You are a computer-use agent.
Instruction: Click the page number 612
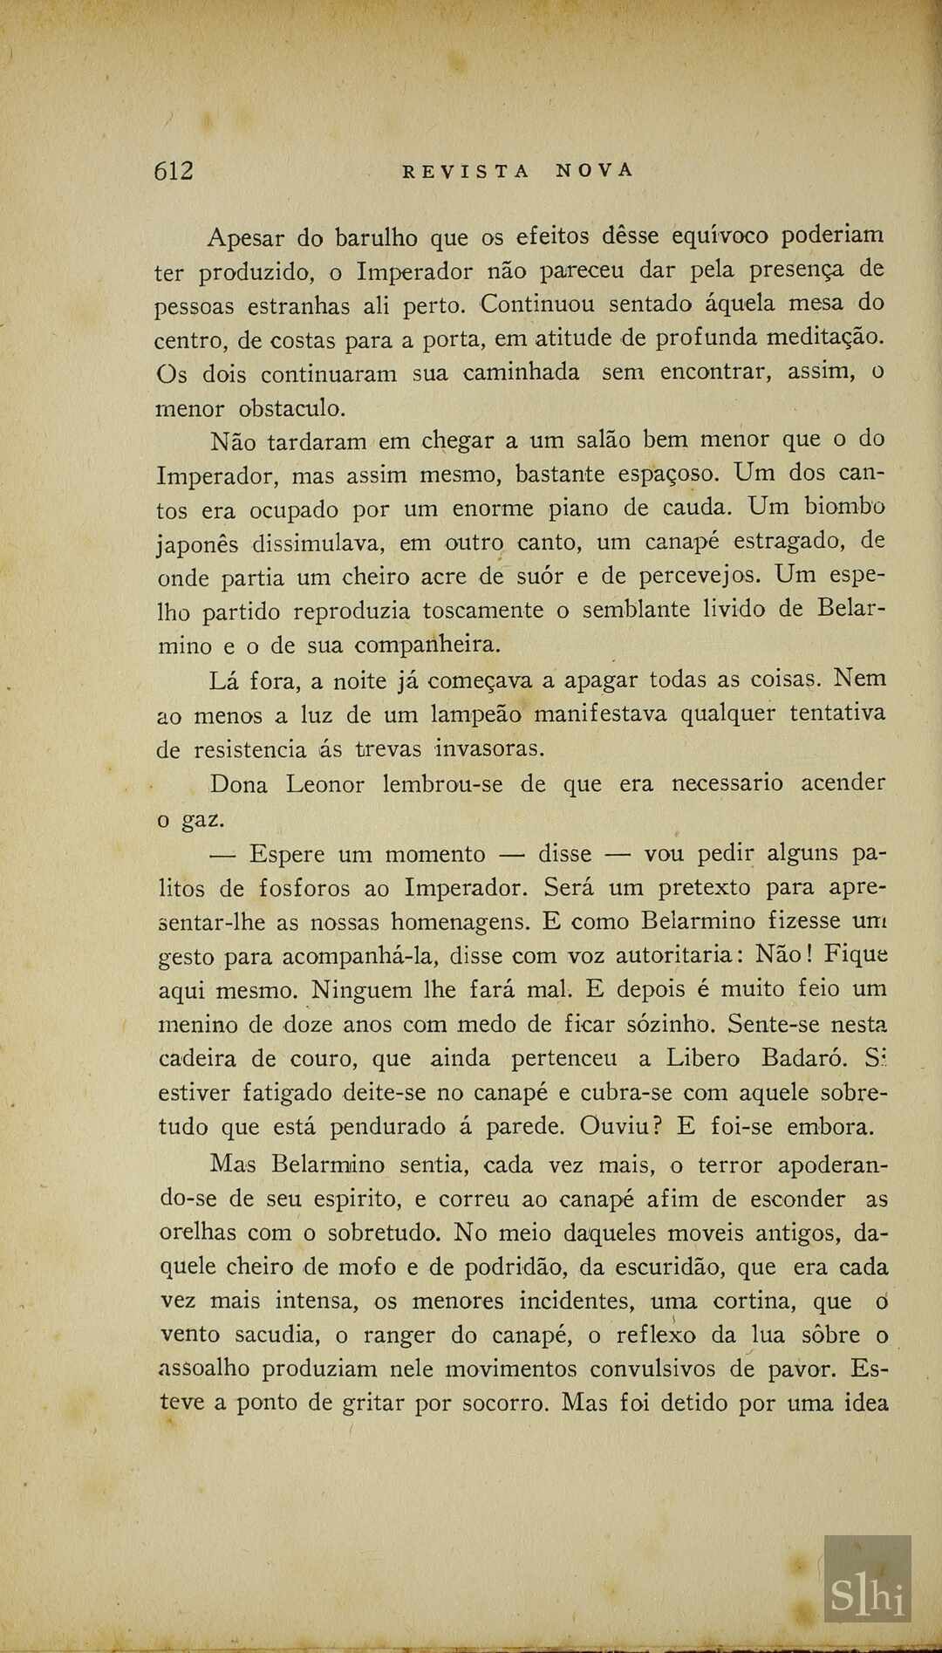(x=174, y=171)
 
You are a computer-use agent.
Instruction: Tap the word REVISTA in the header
(x=466, y=172)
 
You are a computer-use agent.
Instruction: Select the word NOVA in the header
(x=595, y=171)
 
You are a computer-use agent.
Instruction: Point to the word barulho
(x=378, y=237)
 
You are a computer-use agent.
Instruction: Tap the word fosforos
(x=304, y=888)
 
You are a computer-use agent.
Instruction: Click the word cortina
(x=751, y=1301)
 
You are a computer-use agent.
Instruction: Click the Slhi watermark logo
(x=867, y=1596)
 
